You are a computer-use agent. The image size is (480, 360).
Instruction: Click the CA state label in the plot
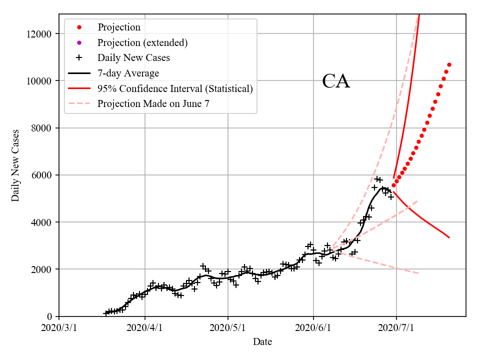336,81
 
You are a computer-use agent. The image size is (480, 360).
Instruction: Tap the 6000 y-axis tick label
44,175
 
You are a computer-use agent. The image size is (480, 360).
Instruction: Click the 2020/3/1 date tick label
59,328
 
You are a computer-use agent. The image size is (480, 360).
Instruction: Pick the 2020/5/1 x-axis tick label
228,328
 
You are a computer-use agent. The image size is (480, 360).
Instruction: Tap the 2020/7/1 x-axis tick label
396,328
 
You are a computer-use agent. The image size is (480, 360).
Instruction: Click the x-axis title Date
262,342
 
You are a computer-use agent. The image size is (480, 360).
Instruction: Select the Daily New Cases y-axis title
15,165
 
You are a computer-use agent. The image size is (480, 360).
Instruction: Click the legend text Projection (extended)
142,42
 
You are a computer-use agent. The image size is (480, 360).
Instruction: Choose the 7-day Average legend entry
128,73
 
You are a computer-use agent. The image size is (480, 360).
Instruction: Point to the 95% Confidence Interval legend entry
175,89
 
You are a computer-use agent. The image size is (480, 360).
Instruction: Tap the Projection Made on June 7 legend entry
153,104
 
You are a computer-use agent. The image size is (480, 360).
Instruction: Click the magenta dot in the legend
79,42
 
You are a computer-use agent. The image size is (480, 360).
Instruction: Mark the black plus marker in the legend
79,58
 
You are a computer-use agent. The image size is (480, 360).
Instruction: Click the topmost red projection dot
449,64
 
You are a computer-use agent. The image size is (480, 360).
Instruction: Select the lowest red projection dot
393,185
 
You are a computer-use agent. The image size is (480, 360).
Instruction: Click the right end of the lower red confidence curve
449,237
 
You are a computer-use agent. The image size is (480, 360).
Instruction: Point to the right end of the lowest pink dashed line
418,273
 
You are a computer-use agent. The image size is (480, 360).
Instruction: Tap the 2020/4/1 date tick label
145,328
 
